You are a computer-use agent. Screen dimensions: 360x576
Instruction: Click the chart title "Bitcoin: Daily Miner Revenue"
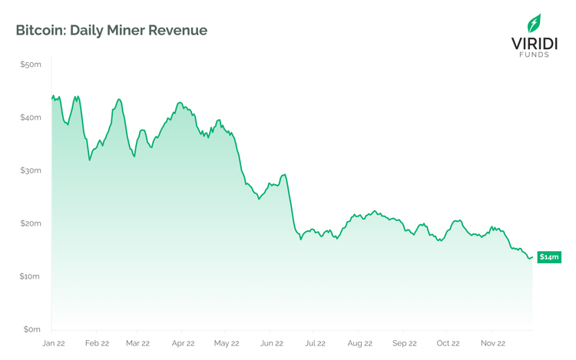[111, 31]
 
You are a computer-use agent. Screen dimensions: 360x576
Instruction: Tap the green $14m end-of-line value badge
[548, 257]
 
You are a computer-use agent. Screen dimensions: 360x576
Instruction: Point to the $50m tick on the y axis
[31, 64]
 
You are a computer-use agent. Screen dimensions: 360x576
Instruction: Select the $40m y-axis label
[31, 117]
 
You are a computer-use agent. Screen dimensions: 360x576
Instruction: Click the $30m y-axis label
[31, 170]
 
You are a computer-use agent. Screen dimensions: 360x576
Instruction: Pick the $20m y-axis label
[31, 223]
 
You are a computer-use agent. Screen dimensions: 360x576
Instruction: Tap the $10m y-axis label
[31, 276]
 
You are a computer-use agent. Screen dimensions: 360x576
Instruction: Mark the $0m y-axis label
[32, 329]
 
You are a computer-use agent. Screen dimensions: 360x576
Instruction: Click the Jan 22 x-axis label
[53, 344]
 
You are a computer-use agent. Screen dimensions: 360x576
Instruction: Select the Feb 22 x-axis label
[97, 344]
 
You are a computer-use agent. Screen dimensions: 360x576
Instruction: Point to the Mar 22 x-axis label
[137, 344]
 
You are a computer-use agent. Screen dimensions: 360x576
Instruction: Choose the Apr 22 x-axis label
[182, 344]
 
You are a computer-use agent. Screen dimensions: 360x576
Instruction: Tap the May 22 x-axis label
[227, 344]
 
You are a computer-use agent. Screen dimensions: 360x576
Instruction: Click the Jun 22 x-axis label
[271, 344]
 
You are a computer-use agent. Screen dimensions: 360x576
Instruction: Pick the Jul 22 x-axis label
[315, 344]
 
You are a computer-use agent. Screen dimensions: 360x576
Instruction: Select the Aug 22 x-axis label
[359, 344]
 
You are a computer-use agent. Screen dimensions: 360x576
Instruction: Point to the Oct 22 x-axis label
[449, 344]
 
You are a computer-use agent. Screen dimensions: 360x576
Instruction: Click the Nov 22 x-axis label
[492, 344]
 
